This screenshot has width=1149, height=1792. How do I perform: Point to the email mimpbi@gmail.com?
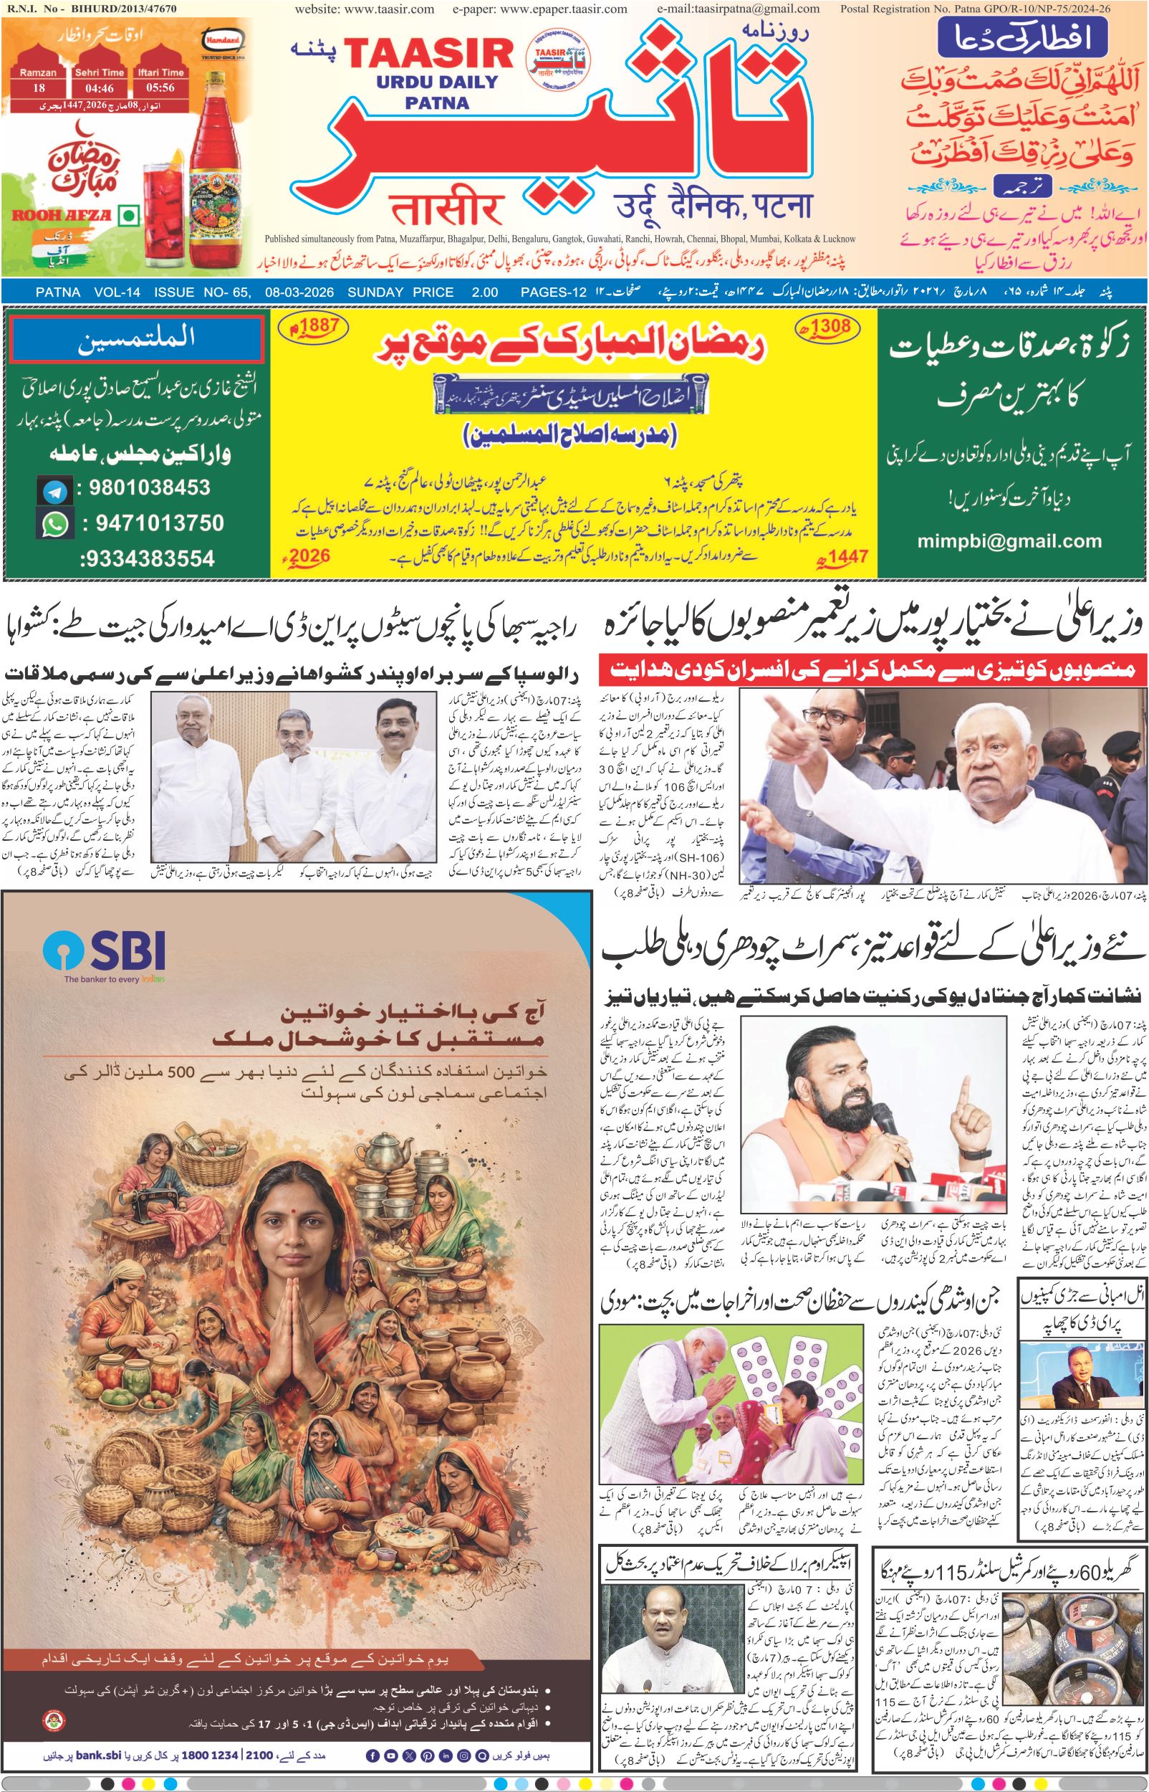coord(1009,541)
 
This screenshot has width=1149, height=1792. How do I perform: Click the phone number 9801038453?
coord(149,488)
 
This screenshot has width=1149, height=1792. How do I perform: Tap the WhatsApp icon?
coord(54,525)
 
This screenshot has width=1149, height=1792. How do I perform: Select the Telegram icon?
coord(54,490)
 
